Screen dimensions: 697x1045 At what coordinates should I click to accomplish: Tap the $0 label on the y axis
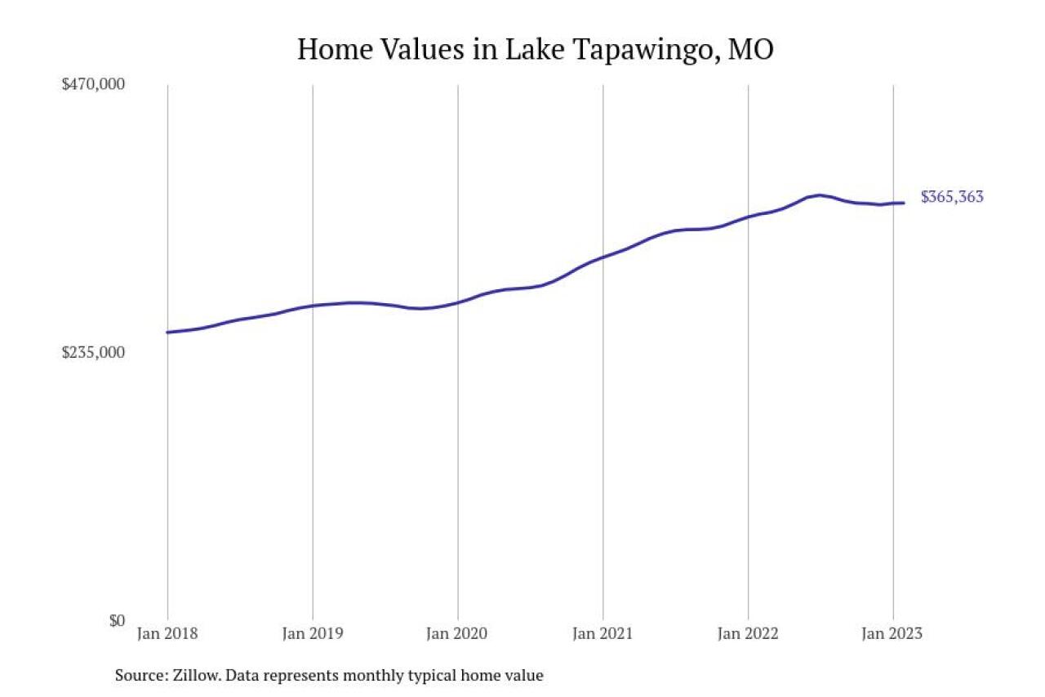116,620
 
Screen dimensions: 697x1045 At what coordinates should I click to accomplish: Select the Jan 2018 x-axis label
167,634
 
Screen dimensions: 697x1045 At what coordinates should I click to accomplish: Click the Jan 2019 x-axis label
313,634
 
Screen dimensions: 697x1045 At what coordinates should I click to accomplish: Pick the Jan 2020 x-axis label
457,634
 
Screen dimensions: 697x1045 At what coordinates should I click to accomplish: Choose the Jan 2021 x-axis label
603,634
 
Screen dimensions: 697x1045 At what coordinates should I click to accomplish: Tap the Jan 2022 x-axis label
748,634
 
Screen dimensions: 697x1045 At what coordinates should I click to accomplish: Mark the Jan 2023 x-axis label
892,634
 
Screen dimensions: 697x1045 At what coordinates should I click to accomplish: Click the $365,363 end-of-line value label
952,197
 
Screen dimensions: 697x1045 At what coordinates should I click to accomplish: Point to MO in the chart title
751,49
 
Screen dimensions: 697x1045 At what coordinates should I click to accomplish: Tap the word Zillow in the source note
193,676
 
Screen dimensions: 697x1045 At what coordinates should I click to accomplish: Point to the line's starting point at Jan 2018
167,332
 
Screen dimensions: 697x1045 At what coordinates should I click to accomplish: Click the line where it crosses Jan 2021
603,258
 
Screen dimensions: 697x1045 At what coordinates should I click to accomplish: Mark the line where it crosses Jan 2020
457,302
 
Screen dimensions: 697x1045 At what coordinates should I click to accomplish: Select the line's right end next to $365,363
903,203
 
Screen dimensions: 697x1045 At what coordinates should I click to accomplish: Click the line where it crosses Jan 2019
313,306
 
